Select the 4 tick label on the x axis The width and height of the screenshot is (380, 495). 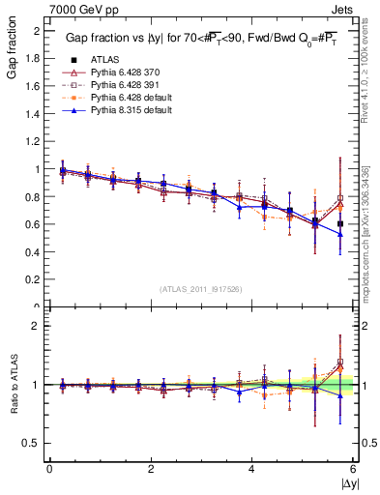pos(252,470)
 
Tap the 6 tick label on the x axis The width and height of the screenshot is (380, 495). pos(353,470)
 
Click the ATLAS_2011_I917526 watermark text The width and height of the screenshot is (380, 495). pos(200,289)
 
